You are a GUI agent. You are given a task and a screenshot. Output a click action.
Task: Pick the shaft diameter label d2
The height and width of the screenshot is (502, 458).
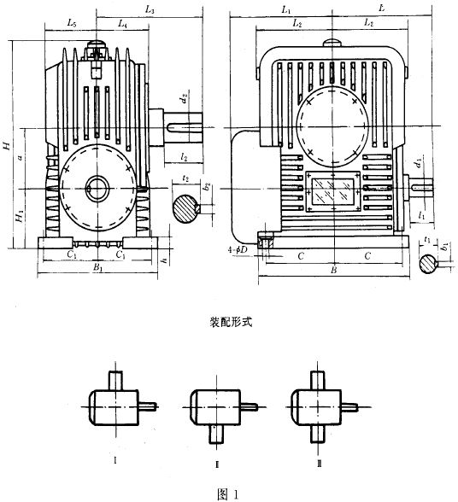(x=185, y=100)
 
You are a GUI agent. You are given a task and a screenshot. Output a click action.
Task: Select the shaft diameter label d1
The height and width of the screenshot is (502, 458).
(x=417, y=161)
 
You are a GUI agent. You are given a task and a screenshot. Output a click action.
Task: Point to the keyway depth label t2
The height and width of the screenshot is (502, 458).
(x=185, y=179)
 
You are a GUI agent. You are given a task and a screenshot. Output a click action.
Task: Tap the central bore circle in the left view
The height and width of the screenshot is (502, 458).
(x=97, y=187)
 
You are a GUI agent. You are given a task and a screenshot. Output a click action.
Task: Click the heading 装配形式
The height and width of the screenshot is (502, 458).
(x=228, y=325)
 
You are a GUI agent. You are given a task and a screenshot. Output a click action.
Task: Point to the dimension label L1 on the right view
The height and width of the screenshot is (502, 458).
(x=285, y=9)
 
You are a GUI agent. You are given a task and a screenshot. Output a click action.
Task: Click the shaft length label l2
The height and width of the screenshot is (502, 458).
(x=185, y=157)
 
